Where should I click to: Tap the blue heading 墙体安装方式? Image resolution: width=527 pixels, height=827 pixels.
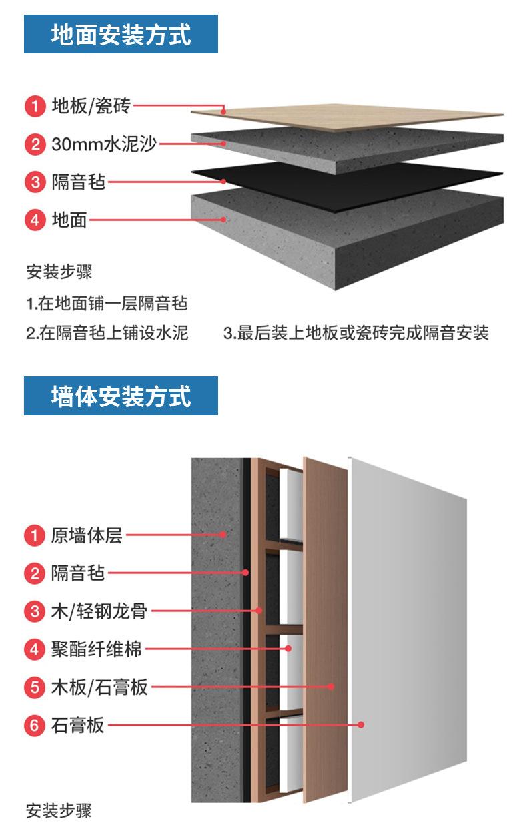tap(121, 396)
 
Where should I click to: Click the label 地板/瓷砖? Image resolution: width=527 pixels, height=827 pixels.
tap(91, 105)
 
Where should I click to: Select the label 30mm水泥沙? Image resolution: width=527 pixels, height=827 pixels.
tap(104, 144)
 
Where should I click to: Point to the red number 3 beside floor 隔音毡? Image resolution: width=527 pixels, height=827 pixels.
tap(34, 182)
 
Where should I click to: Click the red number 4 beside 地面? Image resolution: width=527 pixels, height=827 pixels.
tap(34, 220)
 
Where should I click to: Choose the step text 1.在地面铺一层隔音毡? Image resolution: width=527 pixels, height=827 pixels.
tap(107, 304)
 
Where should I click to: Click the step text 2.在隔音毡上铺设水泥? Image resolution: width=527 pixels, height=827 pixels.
tap(107, 332)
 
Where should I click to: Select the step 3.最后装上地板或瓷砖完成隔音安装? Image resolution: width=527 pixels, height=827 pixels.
tap(356, 332)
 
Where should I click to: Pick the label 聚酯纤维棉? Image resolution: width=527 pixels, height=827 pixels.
tap(96, 649)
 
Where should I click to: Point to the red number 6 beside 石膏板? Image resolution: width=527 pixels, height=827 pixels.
tap(34, 725)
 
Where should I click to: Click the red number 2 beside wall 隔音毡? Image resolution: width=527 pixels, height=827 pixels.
tap(34, 573)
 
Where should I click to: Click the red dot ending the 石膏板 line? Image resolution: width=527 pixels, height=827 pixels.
tap(361, 724)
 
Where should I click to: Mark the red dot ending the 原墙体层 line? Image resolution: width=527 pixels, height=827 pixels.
tap(225, 534)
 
